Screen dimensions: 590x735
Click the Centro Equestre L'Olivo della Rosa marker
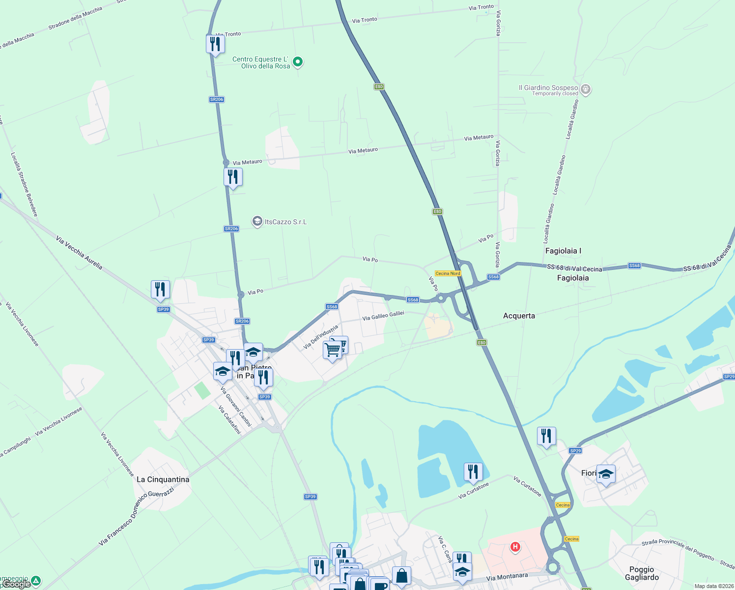297,62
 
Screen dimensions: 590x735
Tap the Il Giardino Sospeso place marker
585,89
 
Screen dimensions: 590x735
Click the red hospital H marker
515,546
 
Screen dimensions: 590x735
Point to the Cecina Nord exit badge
448,273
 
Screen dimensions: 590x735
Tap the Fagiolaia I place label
563,251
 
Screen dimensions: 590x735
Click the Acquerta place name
519,316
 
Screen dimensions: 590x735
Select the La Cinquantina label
163,479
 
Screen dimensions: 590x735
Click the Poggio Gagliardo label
642,573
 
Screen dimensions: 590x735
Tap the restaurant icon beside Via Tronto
215,44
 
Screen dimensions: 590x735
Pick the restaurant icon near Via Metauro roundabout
233,177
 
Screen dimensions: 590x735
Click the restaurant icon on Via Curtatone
473,472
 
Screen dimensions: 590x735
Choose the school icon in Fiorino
606,474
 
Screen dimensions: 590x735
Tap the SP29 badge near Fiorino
575,450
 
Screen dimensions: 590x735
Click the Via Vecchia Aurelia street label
79,253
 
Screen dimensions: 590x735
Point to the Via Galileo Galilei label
383,316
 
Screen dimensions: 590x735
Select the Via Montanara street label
507,577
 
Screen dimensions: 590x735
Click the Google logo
16,584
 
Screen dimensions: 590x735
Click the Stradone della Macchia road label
75,18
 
